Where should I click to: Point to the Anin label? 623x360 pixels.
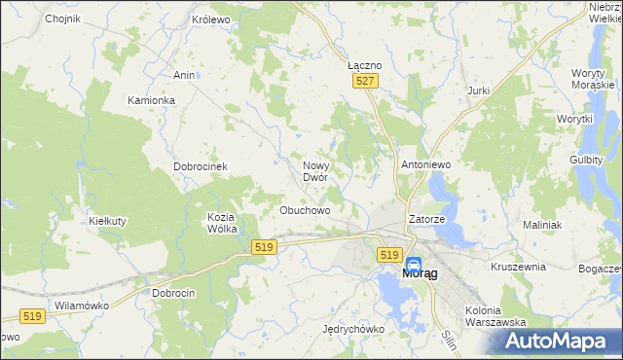click(x=184, y=75)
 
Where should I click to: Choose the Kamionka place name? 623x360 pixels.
click(x=151, y=100)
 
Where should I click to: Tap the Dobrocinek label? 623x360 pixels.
click(x=201, y=166)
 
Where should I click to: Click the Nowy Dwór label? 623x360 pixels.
click(x=321, y=171)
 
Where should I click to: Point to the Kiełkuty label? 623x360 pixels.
click(x=108, y=221)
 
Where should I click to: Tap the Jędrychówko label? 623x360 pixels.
click(x=352, y=329)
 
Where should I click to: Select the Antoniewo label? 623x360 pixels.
click(x=425, y=165)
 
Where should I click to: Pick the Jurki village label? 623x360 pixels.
click(x=477, y=90)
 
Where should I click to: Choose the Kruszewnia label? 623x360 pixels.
click(x=518, y=266)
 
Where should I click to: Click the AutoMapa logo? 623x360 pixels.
click(x=560, y=341)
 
